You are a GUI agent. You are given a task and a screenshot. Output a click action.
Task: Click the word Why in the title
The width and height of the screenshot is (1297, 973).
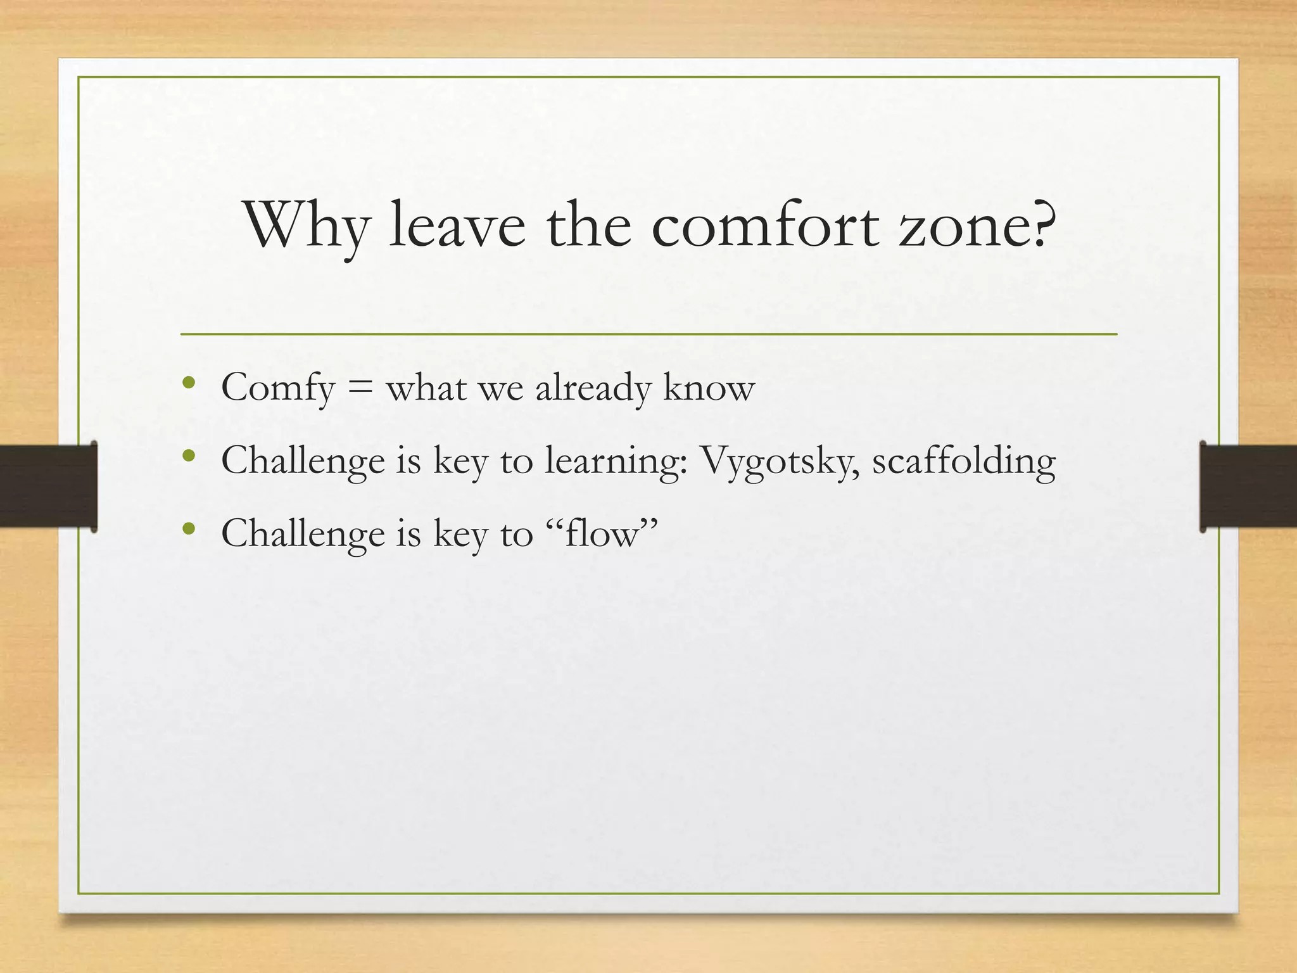(307, 227)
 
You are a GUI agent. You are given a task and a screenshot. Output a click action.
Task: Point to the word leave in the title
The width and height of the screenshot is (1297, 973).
(457, 227)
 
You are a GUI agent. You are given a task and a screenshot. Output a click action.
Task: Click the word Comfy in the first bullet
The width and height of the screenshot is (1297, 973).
(277, 388)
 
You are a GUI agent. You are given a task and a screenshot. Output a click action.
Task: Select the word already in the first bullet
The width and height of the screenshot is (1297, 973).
(593, 388)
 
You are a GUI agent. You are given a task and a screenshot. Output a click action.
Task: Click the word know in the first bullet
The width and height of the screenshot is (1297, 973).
(709, 388)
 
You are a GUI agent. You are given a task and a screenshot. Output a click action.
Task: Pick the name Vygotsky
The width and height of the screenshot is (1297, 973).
(780, 461)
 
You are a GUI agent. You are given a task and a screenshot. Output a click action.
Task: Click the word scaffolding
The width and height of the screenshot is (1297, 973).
(963, 460)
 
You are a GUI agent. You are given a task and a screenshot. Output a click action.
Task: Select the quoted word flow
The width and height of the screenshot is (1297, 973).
(602, 533)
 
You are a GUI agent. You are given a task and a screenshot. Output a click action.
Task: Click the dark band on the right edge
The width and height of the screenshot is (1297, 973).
(1248, 486)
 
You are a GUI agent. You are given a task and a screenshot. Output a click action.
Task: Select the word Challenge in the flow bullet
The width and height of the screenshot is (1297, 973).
(303, 533)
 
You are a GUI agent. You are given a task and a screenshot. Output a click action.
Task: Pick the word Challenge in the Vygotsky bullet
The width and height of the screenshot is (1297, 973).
(303, 461)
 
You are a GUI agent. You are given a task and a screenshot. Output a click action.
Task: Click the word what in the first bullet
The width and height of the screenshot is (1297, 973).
(426, 388)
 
